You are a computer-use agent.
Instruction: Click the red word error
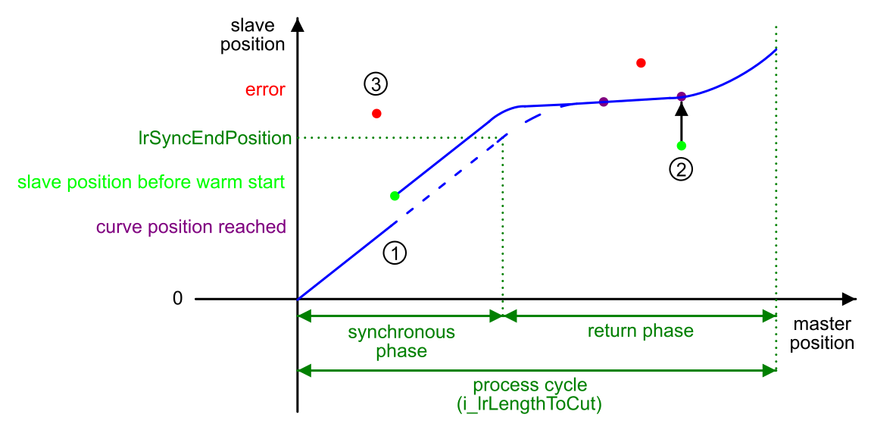[265, 89]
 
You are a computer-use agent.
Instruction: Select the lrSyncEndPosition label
[215, 139]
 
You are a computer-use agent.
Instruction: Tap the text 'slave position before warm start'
[151, 183]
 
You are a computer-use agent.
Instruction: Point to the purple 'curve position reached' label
[191, 227]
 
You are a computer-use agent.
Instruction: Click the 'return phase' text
[640, 331]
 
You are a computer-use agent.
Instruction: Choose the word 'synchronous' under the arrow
[401, 332]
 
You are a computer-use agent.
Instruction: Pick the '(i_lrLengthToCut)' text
[529, 404]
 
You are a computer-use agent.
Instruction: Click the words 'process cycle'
[529, 385]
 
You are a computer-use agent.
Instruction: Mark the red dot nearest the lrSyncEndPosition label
[376, 114]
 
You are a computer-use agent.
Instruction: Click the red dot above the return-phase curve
[641, 63]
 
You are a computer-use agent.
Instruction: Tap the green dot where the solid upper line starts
[395, 196]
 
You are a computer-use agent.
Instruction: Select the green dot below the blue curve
[682, 146]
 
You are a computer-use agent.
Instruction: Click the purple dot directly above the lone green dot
[681, 96]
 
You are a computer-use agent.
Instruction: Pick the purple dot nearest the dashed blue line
[604, 102]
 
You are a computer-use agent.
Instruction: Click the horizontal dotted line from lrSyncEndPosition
[401, 138]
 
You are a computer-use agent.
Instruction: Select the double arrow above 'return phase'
[640, 316]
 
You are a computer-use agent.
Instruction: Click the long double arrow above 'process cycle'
[537, 370]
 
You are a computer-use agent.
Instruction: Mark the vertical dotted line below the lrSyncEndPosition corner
[503, 228]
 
